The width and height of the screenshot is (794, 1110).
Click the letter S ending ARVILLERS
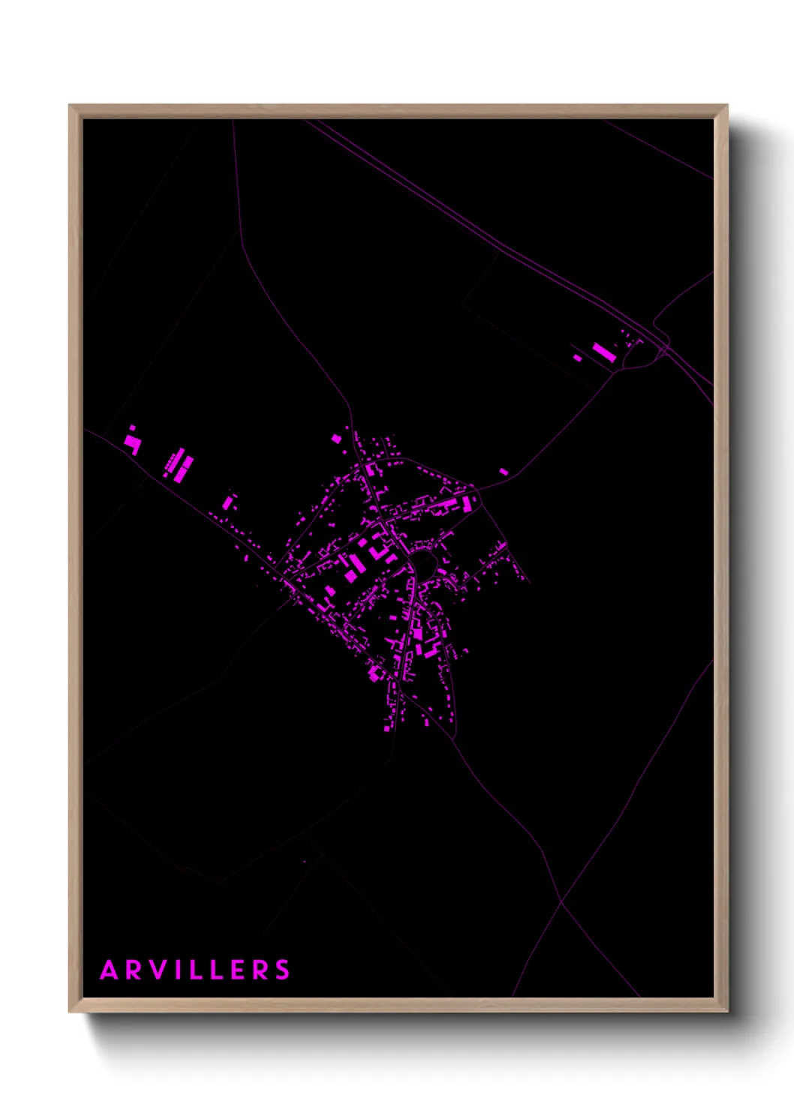(283, 970)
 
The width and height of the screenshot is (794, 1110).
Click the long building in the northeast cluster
(603, 352)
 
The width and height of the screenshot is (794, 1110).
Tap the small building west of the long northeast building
(577, 358)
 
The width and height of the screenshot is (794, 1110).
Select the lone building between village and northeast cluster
(504, 472)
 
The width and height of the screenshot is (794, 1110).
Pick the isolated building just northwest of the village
(336, 438)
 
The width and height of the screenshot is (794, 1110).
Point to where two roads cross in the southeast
(561, 901)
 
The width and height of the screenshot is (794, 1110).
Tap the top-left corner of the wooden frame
(71, 106)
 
